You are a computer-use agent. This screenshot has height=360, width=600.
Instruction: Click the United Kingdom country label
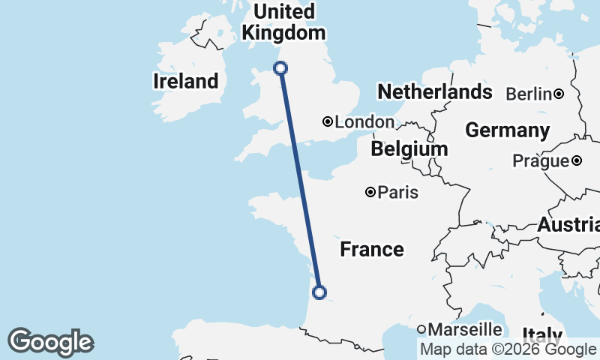click(283, 22)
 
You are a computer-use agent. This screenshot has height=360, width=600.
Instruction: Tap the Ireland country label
click(185, 81)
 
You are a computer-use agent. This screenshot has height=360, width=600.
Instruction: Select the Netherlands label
click(435, 92)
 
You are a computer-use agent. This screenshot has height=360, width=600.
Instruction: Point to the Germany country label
click(507, 130)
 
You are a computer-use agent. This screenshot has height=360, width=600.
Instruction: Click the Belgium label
click(409, 149)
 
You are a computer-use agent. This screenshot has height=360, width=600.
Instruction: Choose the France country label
click(372, 249)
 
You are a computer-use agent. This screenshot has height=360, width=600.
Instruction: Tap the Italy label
click(542, 335)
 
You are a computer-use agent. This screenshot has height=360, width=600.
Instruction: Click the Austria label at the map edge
click(568, 224)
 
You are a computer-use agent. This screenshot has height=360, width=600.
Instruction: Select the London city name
click(364, 121)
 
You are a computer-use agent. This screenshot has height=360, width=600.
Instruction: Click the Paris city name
click(398, 193)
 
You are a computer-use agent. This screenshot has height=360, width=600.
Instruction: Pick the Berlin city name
click(529, 94)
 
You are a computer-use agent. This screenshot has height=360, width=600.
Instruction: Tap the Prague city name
click(541, 160)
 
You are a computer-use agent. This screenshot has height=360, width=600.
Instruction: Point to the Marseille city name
click(465, 328)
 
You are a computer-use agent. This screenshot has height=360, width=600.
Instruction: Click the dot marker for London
click(328, 121)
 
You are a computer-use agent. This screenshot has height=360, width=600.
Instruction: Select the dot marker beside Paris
click(370, 193)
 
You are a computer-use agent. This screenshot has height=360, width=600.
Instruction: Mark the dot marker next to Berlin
click(559, 94)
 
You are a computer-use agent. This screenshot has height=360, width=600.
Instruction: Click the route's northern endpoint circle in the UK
click(280, 68)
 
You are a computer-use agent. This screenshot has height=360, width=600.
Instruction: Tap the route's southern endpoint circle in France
click(319, 292)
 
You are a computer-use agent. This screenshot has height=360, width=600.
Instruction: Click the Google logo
click(50, 342)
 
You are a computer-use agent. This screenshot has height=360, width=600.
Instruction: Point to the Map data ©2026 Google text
click(507, 349)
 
